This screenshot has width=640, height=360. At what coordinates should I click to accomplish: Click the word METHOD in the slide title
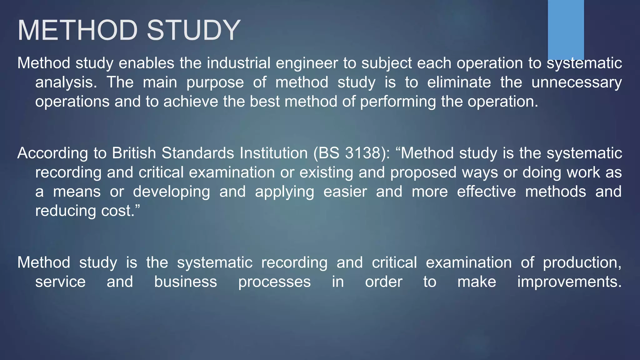(x=77, y=30)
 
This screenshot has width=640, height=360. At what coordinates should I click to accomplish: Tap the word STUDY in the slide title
(x=193, y=30)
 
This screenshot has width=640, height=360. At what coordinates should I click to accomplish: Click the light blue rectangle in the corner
(x=566, y=29)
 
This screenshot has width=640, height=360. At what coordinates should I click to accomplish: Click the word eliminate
(x=459, y=82)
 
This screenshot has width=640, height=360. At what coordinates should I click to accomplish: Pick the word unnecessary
(x=577, y=82)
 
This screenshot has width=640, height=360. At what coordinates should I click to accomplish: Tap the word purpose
(x=215, y=82)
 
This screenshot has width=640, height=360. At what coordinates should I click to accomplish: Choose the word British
(x=134, y=153)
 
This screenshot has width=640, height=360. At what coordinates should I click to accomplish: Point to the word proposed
(x=423, y=172)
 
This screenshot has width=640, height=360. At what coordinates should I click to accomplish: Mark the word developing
(x=172, y=192)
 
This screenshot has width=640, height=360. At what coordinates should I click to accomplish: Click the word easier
(x=345, y=192)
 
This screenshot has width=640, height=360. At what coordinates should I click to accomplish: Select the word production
(x=582, y=262)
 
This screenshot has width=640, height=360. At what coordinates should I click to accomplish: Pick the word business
(x=186, y=282)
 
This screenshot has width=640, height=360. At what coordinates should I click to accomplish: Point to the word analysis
(x=66, y=82)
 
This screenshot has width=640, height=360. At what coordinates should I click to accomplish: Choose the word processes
(x=274, y=282)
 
